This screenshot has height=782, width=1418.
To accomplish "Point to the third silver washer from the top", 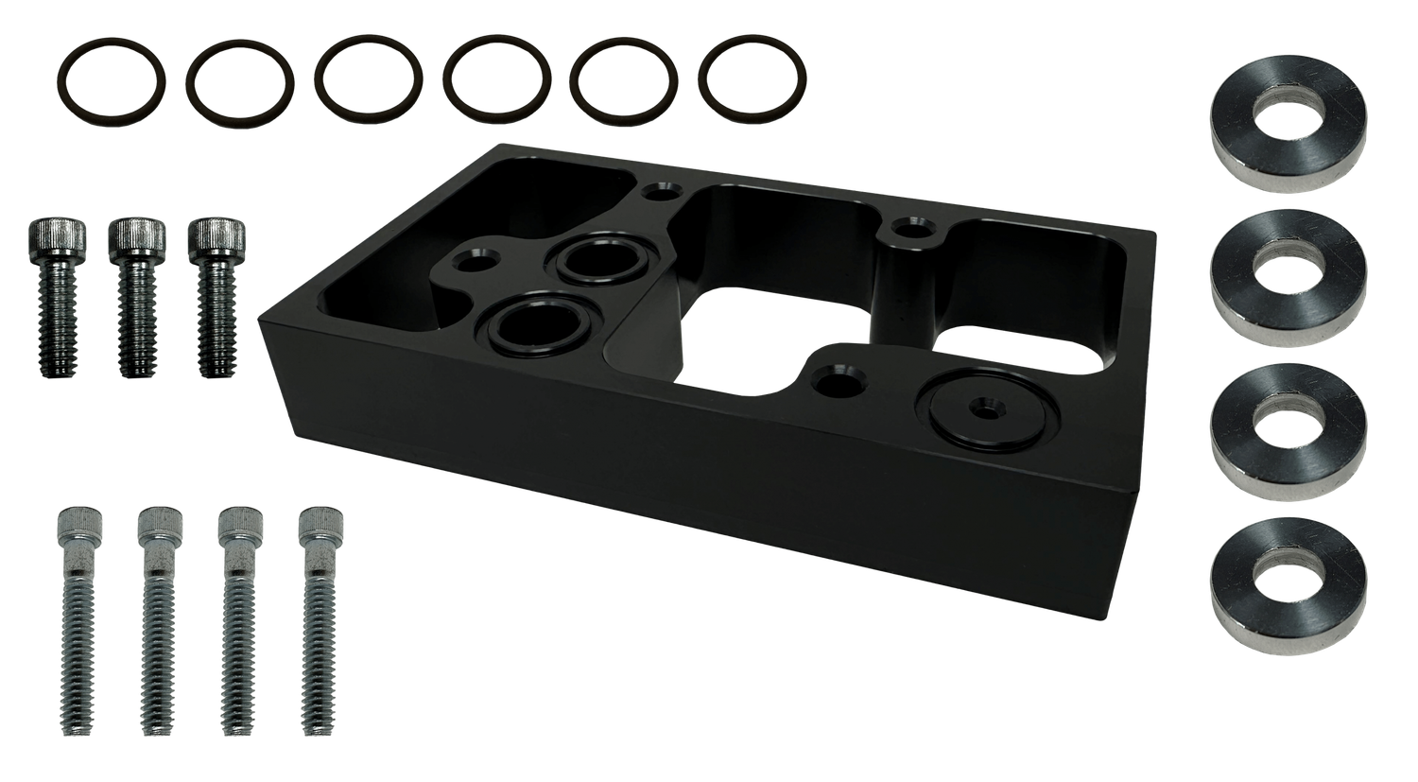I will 1288,426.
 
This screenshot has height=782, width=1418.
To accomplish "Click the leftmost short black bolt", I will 59,294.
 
